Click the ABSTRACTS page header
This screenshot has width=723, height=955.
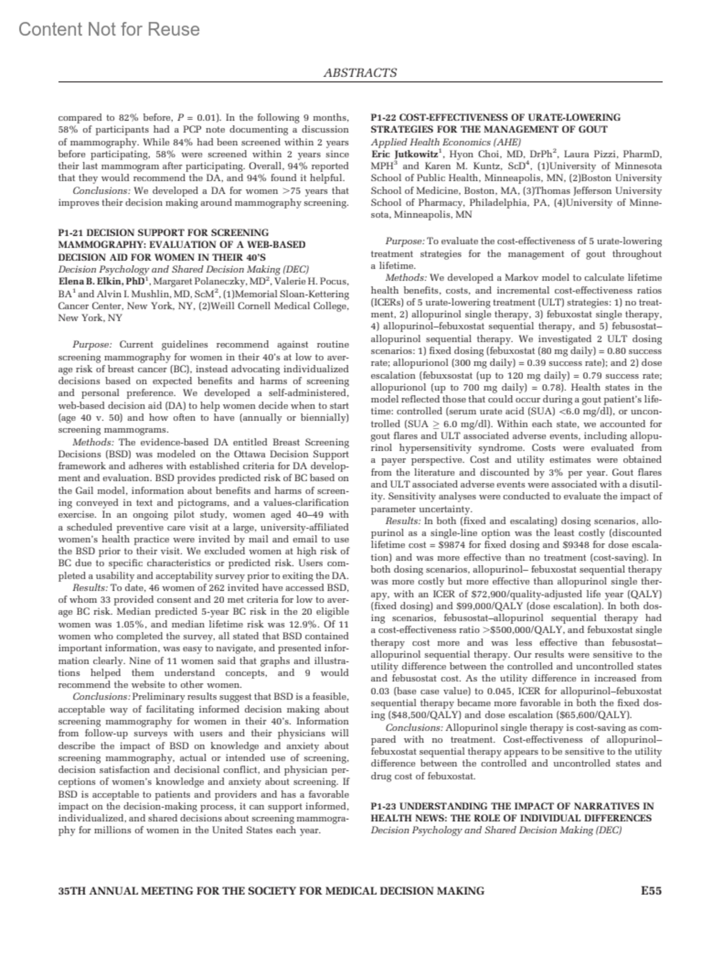coord(360,73)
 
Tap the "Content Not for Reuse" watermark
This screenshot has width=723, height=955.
coord(109,29)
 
